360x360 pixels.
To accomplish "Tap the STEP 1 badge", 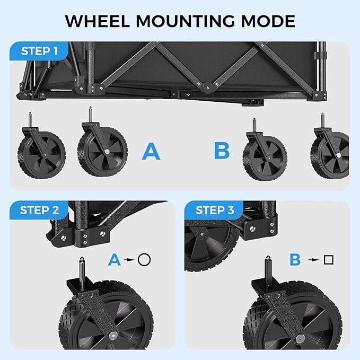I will (39, 52).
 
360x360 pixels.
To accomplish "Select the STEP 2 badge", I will (39, 210).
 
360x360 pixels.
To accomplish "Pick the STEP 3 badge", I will (214, 210).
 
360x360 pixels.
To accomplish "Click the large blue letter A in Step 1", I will (151, 152).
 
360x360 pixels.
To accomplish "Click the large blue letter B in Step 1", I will (222, 151).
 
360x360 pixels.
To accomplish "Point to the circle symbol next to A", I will (144, 260).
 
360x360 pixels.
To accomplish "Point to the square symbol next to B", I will (328, 260).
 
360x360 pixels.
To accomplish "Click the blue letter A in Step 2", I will (114, 260).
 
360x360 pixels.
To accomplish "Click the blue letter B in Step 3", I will (295, 260).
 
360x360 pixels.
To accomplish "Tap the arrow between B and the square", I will (313, 260).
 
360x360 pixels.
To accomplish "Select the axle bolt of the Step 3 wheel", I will (301, 338).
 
